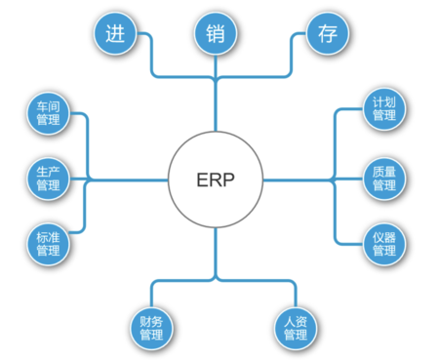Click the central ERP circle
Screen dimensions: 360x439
tap(215, 180)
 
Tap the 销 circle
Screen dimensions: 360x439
tap(215, 34)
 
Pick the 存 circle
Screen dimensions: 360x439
tap(324, 34)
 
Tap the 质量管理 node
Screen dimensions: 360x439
tap(383, 178)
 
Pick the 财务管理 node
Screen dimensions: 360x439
tap(151, 327)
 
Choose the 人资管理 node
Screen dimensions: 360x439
tap(295, 327)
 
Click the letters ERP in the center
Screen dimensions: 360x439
tap(215, 180)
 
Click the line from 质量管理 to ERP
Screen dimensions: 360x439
tap(302, 179)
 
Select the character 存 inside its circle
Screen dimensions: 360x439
tap(324, 34)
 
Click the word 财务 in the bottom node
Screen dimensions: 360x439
tap(151, 320)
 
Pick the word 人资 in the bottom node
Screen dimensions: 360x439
tap(295, 320)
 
